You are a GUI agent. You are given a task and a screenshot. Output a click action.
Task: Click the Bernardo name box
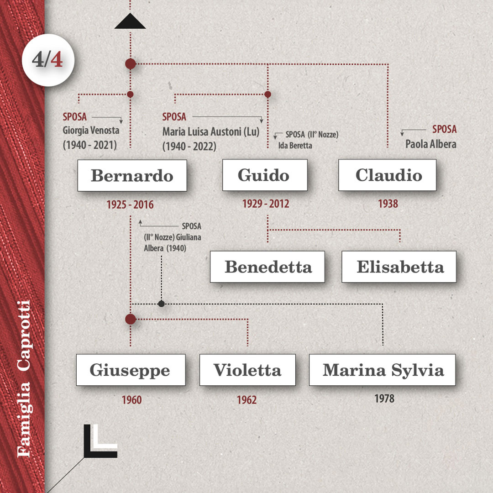(132, 175)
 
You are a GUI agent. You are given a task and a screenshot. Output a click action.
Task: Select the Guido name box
(264, 175)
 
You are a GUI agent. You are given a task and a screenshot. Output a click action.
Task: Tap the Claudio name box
(387, 175)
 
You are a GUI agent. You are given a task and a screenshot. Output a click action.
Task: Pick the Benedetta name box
(267, 267)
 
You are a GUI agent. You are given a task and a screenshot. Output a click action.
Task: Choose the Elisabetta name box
(399, 267)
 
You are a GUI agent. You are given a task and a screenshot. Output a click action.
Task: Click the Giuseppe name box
(131, 370)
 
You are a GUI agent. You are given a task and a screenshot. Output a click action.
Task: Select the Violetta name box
(247, 370)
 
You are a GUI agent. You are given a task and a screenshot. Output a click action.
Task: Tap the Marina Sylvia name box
(382, 370)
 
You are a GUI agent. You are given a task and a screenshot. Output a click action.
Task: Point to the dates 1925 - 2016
(130, 205)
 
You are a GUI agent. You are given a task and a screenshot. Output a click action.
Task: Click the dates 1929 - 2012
(266, 204)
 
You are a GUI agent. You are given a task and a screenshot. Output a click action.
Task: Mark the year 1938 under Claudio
(388, 204)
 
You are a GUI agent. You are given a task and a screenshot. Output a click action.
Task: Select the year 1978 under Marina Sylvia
(384, 399)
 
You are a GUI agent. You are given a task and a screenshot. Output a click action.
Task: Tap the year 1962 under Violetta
(246, 400)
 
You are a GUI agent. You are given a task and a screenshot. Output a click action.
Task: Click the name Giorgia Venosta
(91, 131)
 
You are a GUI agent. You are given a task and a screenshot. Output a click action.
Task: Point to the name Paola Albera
(430, 144)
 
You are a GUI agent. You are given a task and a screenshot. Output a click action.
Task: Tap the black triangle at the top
(130, 22)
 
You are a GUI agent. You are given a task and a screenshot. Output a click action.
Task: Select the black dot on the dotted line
(161, 304)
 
